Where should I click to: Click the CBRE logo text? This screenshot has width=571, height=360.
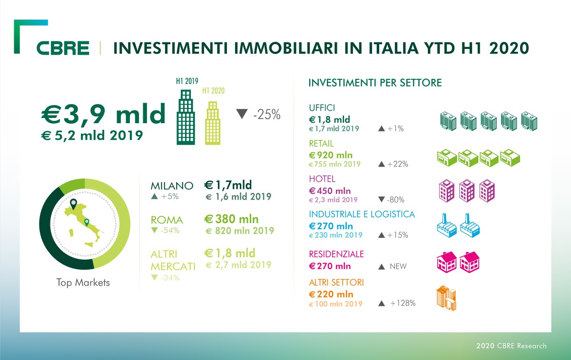[x=63, y=49]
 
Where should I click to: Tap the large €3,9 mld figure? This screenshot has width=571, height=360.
[x=104, y=115]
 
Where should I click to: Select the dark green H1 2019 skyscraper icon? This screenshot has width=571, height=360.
[x=186, y=117]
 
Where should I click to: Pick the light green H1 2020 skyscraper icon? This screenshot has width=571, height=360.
[x=212, y=122]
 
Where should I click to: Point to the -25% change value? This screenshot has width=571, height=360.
[x=266, y=115]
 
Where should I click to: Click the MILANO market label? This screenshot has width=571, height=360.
[x=172, y=185]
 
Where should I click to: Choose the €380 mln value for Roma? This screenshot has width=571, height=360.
[x=231, y=219]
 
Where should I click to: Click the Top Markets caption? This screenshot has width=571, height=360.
[x=83, y=282]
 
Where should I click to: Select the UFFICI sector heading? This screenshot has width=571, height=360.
[x=322, y=107]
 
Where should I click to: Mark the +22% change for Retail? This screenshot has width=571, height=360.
[x=398, y=164]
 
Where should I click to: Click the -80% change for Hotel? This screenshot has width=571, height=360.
[x=398, y=200]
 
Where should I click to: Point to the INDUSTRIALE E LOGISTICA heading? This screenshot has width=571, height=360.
[x=362, y=214]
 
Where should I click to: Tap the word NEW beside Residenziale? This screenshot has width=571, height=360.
[x=398, y=266]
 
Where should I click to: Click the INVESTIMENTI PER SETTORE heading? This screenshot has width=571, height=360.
[x=375, y=83]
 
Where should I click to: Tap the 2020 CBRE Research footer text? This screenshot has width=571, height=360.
[x=511, y=346]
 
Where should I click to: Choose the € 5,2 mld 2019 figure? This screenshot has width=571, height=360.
[x=92, y=135]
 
